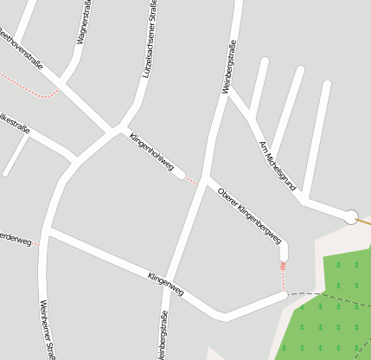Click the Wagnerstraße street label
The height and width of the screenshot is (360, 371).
tap(83, 27)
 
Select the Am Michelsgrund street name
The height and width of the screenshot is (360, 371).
tap(277, 167)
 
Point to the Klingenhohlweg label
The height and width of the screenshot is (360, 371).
tap(151, 151)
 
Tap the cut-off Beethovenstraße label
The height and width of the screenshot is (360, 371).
tap(19, 48)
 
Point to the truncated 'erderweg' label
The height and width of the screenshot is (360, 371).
tap(16, 239)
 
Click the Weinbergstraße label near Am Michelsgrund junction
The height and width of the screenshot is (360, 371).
tap(229, 67)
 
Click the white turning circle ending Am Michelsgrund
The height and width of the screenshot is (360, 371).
tap(351, 217)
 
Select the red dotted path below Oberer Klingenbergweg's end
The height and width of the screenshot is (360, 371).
tap(283, 275)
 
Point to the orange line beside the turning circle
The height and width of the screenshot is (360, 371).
tap(364, 222)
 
